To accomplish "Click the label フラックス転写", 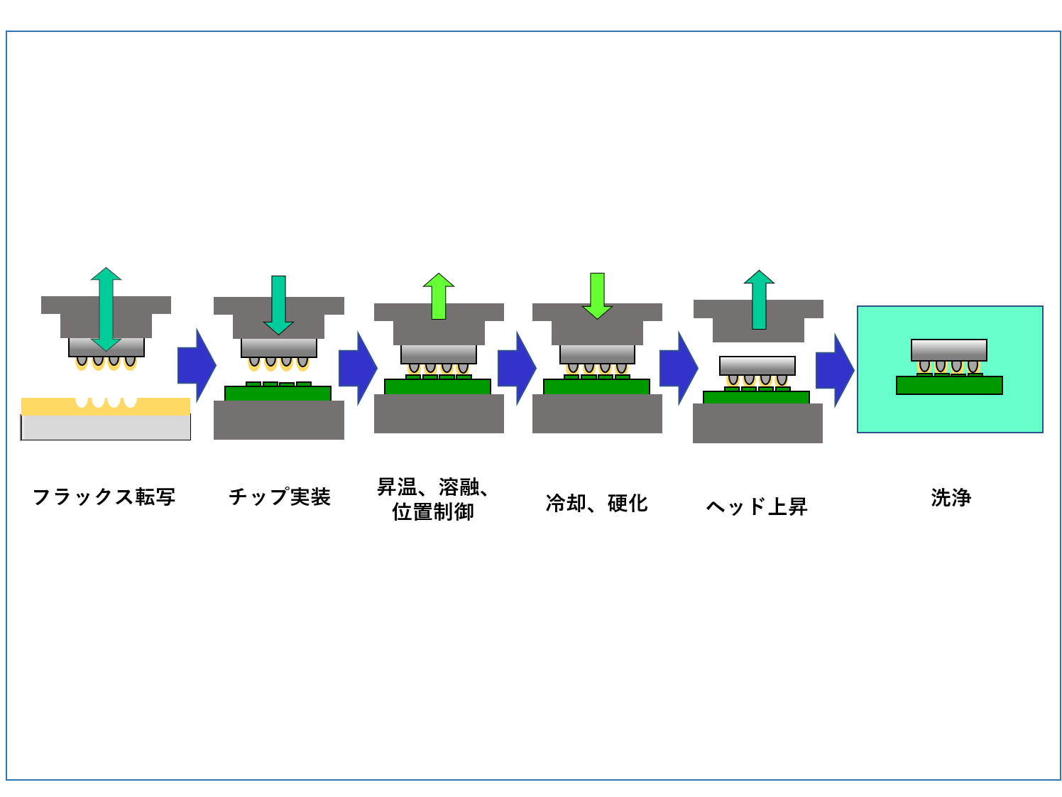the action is click(x=104, y=497).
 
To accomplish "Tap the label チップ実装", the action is click(x=280, y=497).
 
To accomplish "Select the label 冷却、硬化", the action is click(x=596, y=503).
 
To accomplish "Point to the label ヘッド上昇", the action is click(x=757, y=506).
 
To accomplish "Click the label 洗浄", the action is click(x=951, y=497).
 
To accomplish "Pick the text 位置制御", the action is click(x=433, y=511).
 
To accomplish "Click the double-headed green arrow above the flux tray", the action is click(x=106, y=309).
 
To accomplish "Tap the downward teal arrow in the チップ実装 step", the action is click(x=278, y=305).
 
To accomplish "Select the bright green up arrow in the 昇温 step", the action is click(x=438, y=296).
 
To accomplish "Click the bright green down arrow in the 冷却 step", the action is click(x=597, y=296).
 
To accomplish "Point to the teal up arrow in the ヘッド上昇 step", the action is click(x=759, y=300).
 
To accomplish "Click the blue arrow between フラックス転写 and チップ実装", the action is click(x=197, y=365).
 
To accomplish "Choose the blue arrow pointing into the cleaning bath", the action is click(x=835, y=370).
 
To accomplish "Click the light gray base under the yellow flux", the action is click(x=106, y=428).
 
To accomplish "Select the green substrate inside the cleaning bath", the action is click(x=949, y=385).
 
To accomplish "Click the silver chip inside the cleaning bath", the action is click(x=949, y=350).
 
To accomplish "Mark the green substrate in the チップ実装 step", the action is click(x=278, y=393).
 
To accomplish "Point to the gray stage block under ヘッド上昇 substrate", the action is click(x=757, y=423).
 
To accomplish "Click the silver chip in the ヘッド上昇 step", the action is click(x=757, y=366).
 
